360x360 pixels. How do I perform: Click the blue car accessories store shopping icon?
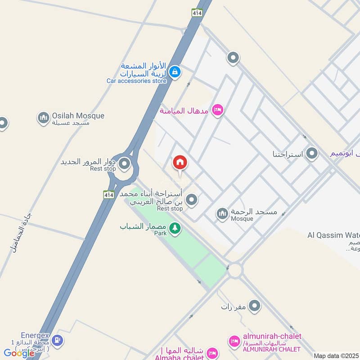click(175, 72)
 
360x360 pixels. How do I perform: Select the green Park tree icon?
click(175, 229)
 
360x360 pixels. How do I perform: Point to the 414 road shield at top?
click(196, 13)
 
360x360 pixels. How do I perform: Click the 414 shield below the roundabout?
click(108, 194)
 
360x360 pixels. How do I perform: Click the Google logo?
click(19, 353)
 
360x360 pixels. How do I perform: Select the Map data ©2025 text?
click(336, 355)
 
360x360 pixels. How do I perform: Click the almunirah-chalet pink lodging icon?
click(234, 341)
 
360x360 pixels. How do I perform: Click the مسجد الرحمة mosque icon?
click(222, 214)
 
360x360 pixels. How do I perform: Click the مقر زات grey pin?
click(255, 306)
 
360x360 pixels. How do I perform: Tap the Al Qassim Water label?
click(333, 235)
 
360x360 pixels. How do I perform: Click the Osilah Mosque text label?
click(78, 116)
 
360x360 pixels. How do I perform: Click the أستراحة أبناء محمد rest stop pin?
click(192, 199)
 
